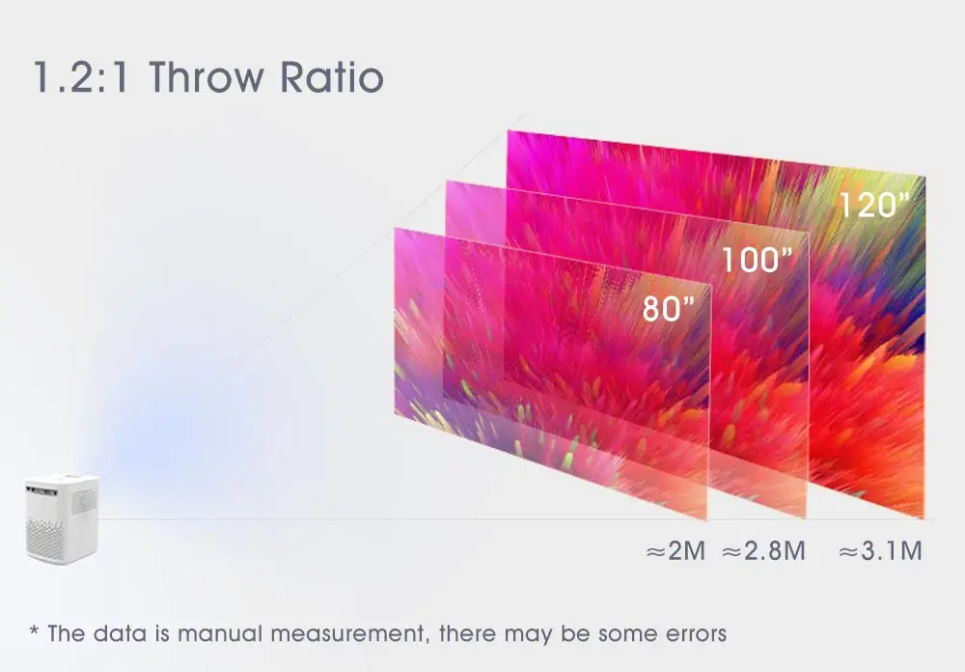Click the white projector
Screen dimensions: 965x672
(62, 518)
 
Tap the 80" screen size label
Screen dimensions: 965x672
(668, 308)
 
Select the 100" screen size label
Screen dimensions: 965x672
(757, 260)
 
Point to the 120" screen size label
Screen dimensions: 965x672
(874, 205)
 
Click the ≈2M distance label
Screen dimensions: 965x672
(675, 550)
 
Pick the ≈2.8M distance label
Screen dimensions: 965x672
(763, 550)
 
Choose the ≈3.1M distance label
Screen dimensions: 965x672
(881, 550)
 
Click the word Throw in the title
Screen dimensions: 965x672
(207, 77)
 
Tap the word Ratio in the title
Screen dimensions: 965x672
(332, 77)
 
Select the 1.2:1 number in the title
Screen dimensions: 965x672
(81, 77)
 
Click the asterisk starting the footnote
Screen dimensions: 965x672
(35, 630)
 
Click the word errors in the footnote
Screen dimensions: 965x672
(696, 633)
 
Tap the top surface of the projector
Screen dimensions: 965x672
(62, 480)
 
